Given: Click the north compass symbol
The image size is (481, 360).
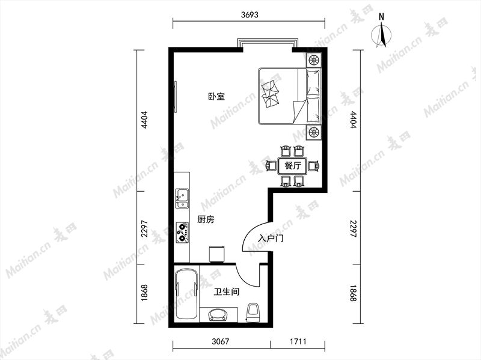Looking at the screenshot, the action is coord(381,33).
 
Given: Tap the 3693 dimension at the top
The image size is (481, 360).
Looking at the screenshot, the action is coord(250,14).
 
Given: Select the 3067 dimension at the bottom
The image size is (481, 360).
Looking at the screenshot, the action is coord(221,341).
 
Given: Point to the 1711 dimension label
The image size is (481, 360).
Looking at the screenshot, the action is coord(298,341).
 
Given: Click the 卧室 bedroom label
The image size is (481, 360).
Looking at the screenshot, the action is coord(216,97).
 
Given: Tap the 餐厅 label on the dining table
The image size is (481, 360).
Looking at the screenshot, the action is coord(293,166).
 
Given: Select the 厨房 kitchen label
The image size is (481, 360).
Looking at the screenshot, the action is coord(206,219).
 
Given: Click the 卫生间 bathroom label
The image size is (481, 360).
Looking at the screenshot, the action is coord(227,291).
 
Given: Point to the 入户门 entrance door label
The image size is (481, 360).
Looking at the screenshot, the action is coord(271,238).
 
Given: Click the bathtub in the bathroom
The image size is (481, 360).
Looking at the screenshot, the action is coord(187,294).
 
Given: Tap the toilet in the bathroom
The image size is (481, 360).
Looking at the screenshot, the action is coord(253,313).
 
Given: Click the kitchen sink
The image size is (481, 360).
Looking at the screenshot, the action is coord(182,199).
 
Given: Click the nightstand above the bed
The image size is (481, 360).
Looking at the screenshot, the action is coord(314,59).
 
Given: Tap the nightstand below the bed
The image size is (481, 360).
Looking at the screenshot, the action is coord(314,132).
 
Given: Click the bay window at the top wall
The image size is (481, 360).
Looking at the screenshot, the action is coord(268,43).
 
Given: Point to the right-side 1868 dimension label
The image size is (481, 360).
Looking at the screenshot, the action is coord(354,293).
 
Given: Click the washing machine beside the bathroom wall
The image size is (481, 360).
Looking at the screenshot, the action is coord(217,254).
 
